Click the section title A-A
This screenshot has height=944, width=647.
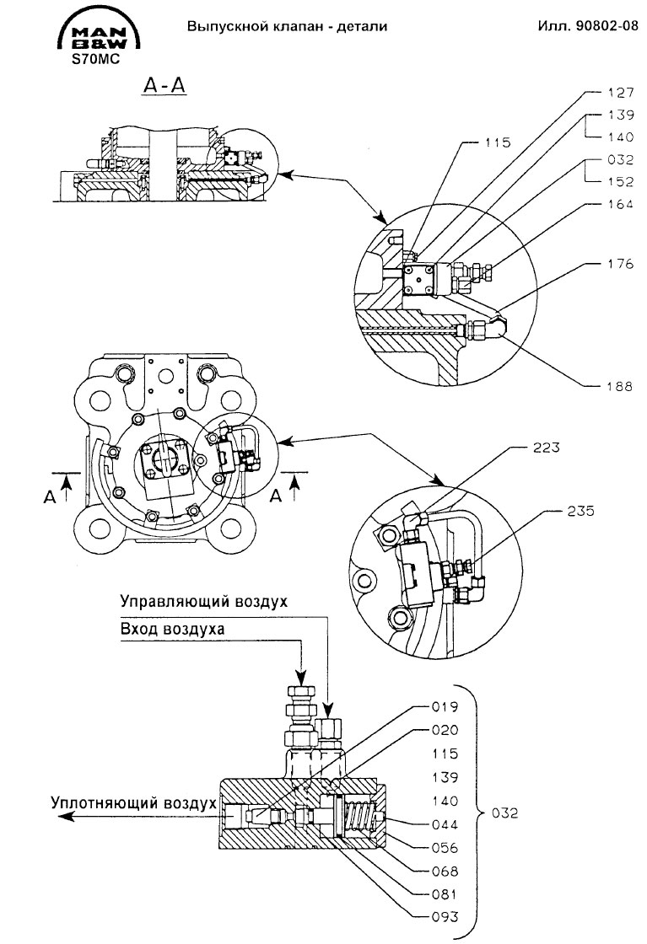[x=164, y=86]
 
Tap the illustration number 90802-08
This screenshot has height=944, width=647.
[x=608, y=26]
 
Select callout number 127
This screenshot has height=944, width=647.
[x=621, y=92]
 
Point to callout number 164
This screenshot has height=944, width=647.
[x=621, y=204]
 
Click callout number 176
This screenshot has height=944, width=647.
[x=621, y=263]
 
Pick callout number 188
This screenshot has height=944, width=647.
[x=621, y=386]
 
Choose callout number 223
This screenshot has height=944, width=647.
[x=546, y=448]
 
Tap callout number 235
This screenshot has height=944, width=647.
[x=580, y=511]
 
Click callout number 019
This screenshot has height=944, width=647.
[x=445, y=706]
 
